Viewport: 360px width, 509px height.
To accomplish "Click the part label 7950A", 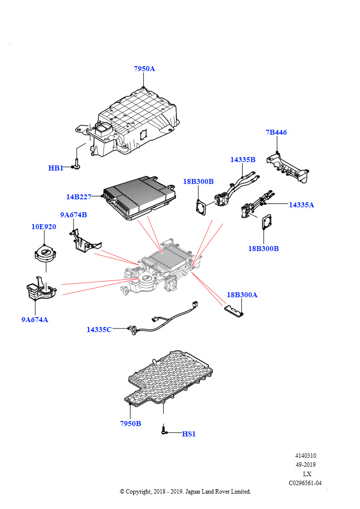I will [x=144, y=69].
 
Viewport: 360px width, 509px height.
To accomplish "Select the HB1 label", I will [x=56, y=168].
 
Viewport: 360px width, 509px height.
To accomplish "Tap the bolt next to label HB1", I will [x=77, y=164].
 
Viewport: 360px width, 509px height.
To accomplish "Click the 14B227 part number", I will [x=79, y=197].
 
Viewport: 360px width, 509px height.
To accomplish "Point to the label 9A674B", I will [x=74, y=215].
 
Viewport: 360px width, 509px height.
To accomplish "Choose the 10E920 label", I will [x=44, y=227].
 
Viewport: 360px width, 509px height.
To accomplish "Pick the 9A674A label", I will [x=34, y=320].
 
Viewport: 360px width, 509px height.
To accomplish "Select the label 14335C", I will [x=99, y=329].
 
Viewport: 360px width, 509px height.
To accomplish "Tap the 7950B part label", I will [x=130, y=424].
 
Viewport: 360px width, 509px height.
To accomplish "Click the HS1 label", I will [x=189, y=434].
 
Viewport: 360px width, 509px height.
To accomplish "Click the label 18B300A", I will [x=242, y=295].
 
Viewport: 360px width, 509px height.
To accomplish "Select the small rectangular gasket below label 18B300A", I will [x=234, y=311].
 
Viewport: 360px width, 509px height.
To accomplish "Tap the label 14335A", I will [x=301, y=204].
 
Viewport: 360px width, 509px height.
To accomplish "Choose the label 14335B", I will [x=243, y=160].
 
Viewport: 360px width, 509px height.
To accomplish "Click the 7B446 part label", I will [x=276, y=132].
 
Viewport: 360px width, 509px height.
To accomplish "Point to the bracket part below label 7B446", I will [x=288, y=167].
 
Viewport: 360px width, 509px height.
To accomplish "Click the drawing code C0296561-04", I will [x=305, y=483].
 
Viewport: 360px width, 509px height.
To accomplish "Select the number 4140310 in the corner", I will [x=305, y=455].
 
